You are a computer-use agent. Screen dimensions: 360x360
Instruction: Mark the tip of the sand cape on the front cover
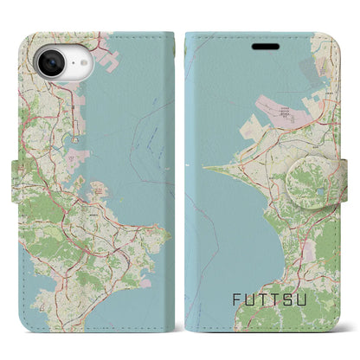[206, 168]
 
